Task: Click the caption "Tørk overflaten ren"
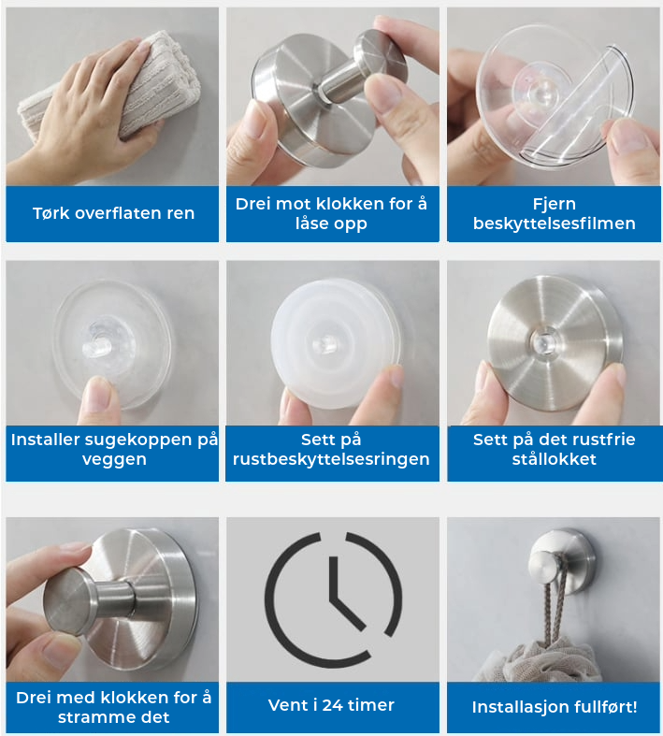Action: tap(113, 213)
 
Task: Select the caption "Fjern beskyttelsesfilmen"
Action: tap(555, 213)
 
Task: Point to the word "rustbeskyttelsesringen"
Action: tap(331, 459)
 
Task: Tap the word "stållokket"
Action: tap(555, 458)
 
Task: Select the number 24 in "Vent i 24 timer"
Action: tap(332, 705)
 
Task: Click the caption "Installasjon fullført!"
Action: tap(555, 707)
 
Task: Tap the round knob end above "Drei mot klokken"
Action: tap(380, 58)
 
